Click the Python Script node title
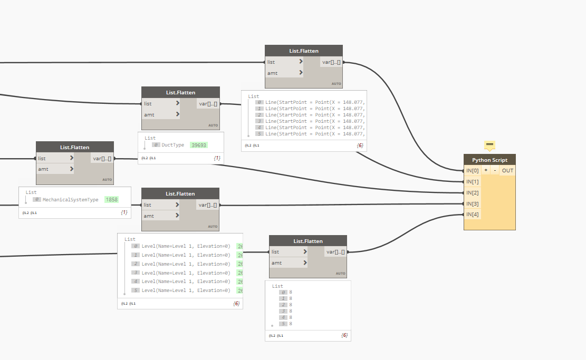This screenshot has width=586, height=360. (x=489, y=160)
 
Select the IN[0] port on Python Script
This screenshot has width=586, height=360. (x=472, y=170)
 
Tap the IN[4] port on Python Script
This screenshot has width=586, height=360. (x=472, y=215)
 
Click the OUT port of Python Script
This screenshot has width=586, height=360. (x=507, y=170)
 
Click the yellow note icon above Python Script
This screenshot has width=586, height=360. (x=489, y=145)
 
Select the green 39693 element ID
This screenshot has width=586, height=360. (x=199, y=144)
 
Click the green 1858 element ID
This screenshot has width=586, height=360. (x=111, y=200)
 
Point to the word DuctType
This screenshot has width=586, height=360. (x=173, y=144)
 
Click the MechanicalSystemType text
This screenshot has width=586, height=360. (x=71, y=200)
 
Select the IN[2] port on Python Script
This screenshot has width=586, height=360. (x=472, y=192)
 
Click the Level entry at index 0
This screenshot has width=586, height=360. (x=186, y=246)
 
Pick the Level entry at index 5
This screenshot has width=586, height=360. (x=186, y=290)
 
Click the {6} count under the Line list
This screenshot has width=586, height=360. (x=360, y=145)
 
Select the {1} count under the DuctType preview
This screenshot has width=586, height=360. (x=216, y=158)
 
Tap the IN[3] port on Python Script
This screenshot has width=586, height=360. (x=472, y=203)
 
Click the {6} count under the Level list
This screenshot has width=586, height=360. (x=236, y=303)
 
